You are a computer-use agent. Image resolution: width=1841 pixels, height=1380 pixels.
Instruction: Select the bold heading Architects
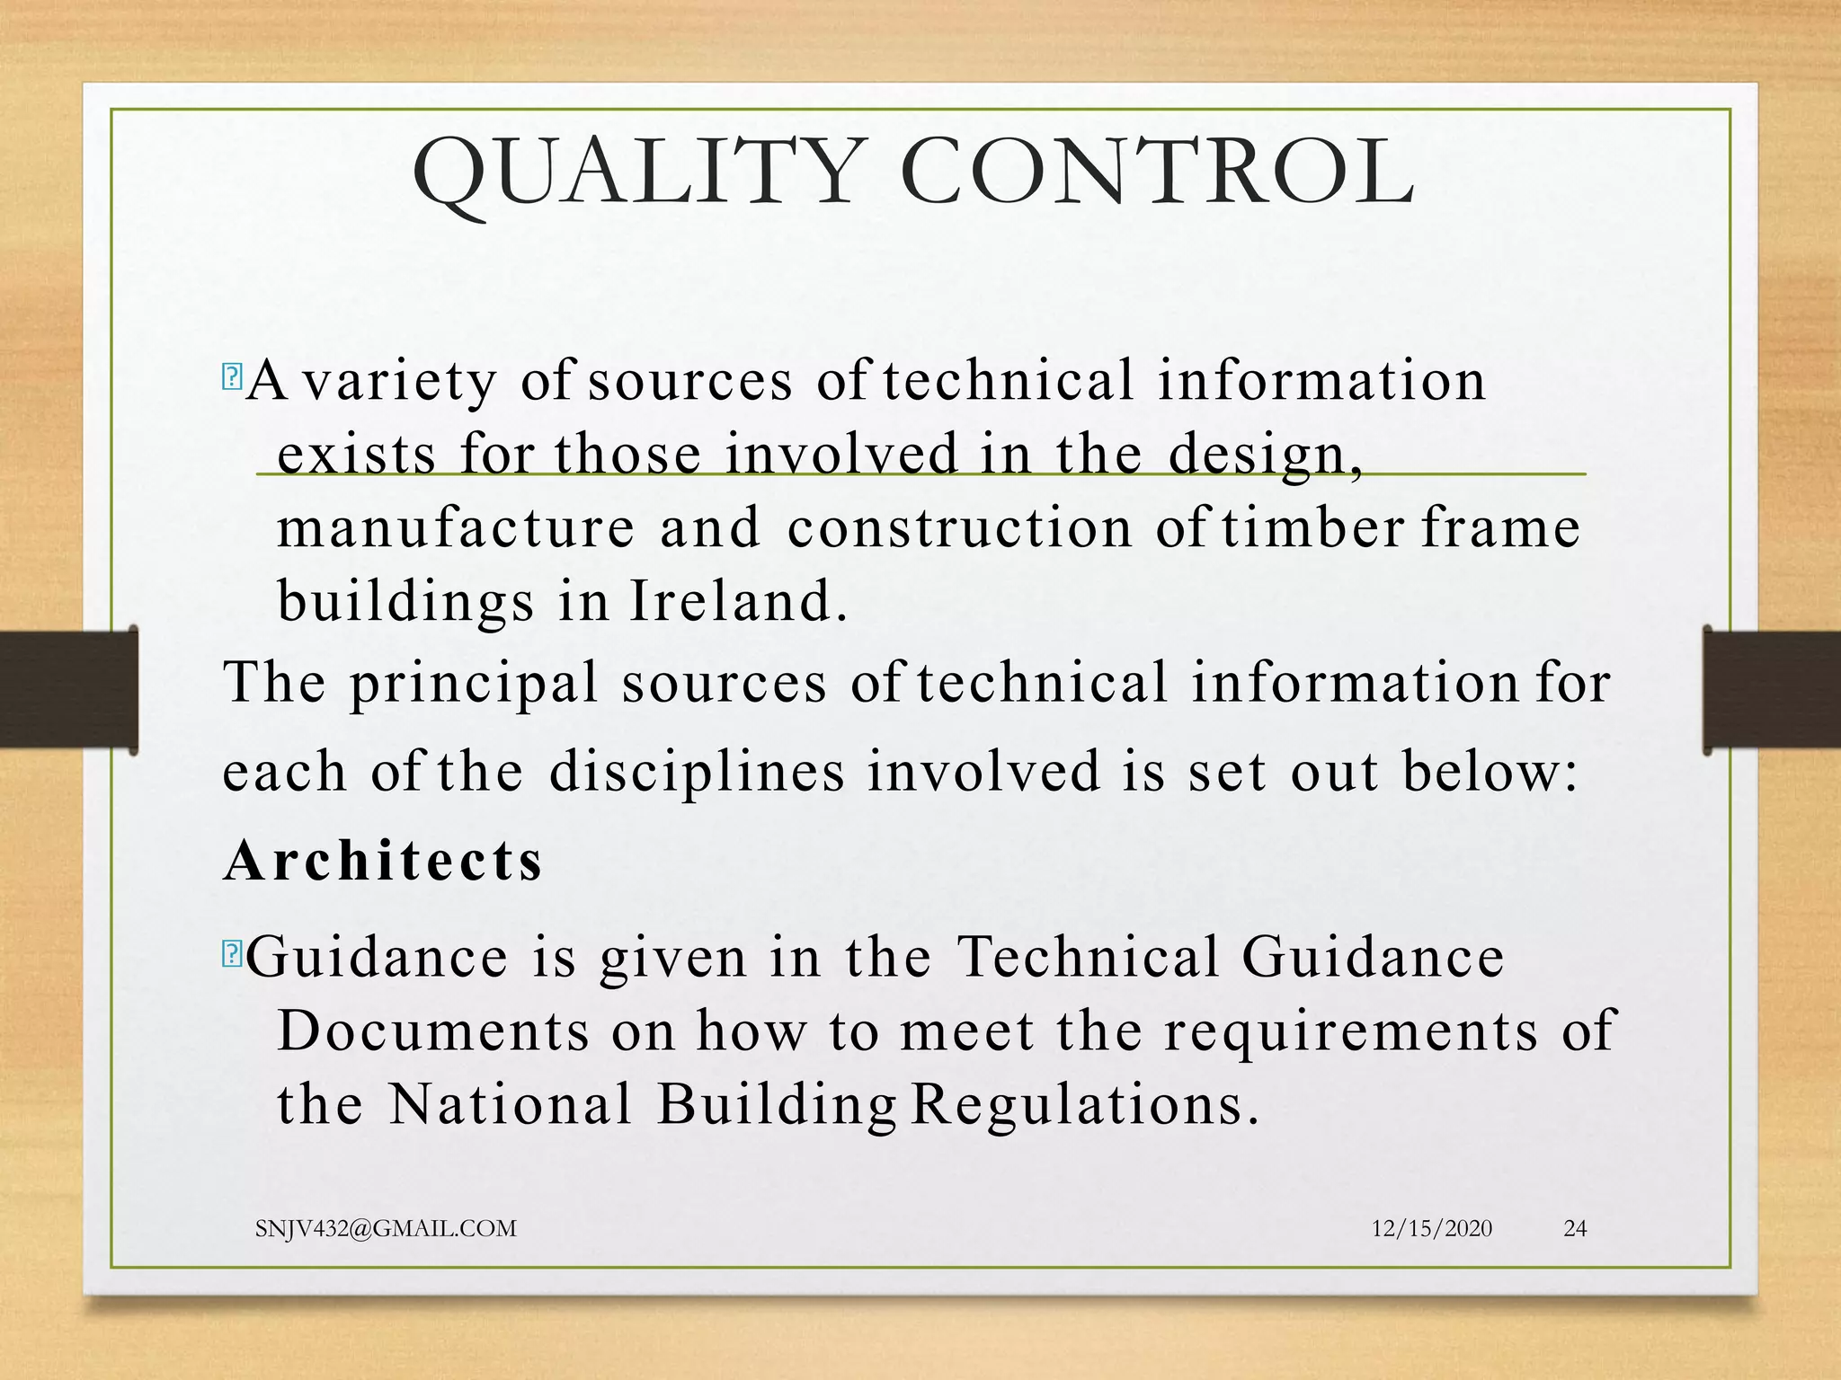pos(383,861)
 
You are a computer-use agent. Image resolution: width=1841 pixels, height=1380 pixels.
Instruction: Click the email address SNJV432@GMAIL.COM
pos(386,1228)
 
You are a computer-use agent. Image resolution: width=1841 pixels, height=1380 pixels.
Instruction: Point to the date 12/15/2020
pos(1431,1228)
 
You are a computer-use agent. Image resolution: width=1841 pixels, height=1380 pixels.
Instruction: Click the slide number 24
pos(1575,1228)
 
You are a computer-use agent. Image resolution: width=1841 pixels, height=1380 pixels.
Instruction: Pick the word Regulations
pos(1083,1104)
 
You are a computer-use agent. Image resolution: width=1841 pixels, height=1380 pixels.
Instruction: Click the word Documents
pos(433,1031)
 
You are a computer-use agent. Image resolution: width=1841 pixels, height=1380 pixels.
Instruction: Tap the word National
pos(511,1104)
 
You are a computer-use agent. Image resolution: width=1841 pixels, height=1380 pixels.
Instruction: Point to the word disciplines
pos(698,771)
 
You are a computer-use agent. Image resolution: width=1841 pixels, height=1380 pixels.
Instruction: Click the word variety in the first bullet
pos(399,380)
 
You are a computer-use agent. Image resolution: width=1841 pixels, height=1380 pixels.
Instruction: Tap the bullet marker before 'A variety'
pos(231,376)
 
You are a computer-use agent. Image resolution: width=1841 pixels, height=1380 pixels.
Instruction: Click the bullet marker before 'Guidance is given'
pos(231,953)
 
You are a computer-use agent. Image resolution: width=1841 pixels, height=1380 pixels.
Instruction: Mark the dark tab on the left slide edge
pos(68,689)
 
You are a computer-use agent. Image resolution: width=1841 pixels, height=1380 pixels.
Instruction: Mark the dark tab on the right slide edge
pos(1771,689)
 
